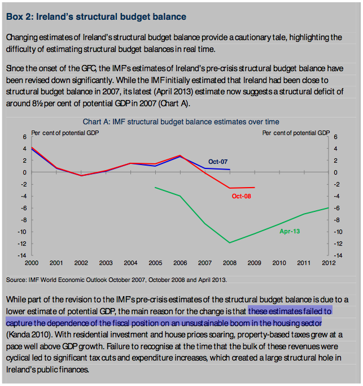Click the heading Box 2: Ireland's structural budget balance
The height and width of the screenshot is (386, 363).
(x=96, y=16)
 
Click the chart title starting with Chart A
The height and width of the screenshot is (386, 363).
(x=181, y=122)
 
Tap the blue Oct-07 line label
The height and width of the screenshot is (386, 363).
(x=218, y=162)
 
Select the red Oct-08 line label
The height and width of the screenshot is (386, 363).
(x=242, y=196)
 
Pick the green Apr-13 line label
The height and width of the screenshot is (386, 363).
(x=289, y=231)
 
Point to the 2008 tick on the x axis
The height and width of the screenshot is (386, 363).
(x=229, y=263)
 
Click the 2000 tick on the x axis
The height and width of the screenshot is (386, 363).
(x=32, y=263)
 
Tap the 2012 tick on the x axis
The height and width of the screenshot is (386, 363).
(x=328, y=263)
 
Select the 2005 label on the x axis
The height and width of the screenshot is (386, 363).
(x=155, y=263)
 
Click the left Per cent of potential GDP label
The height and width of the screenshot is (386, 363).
(x=65, y=133)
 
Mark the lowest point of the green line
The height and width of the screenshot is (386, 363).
(x=229, y=242)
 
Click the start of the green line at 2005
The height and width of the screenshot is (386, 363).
(x=155, y=187)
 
